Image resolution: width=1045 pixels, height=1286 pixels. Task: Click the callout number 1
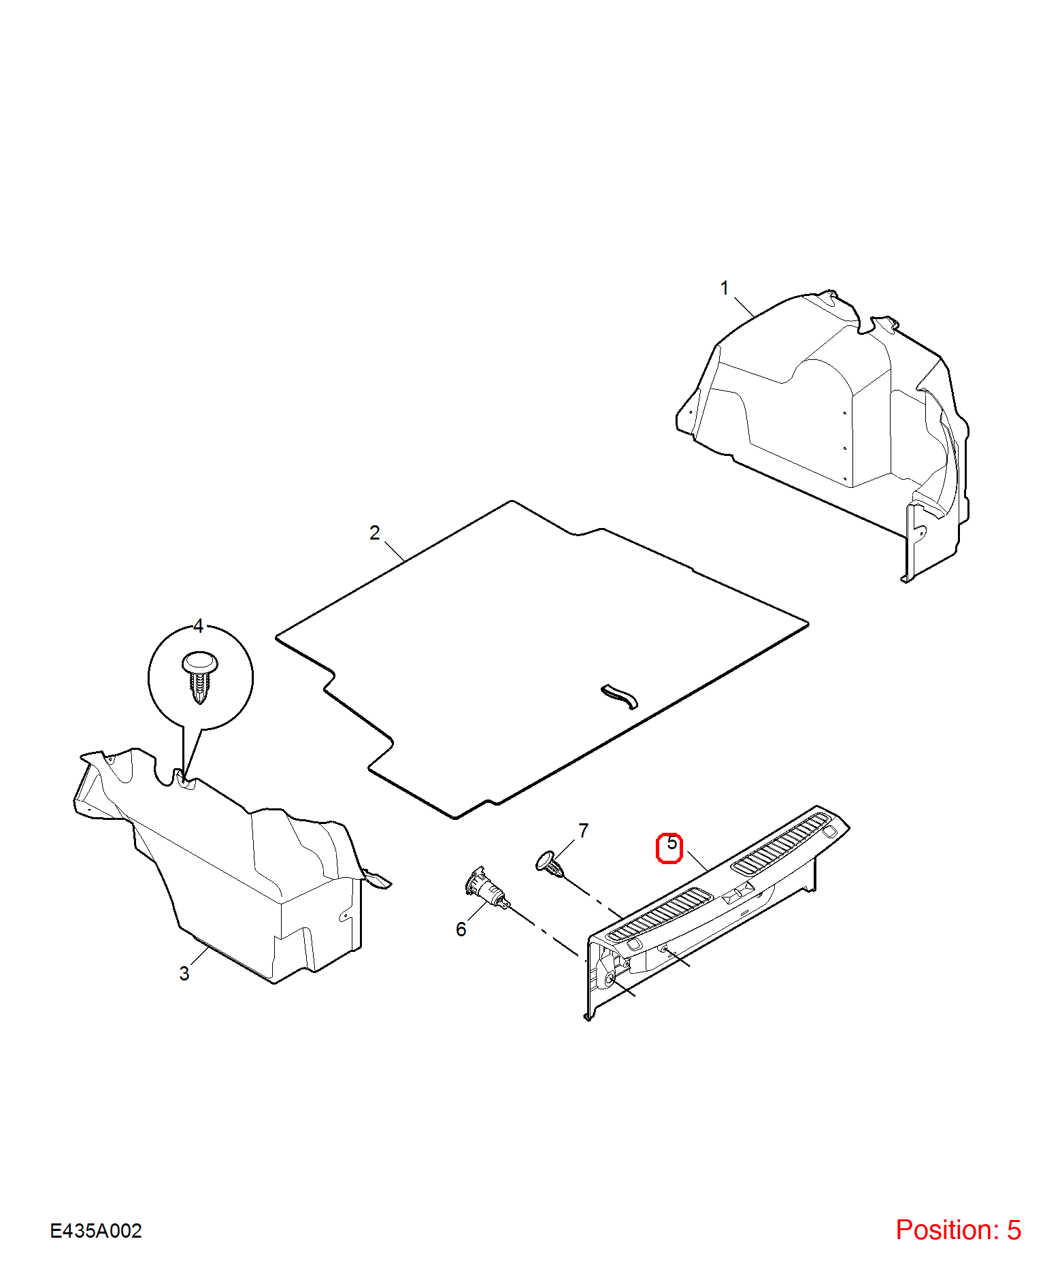(725, 288)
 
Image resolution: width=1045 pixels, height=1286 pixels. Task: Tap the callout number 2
(374, 533)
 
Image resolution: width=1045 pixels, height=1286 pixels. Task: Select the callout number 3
(184, 974)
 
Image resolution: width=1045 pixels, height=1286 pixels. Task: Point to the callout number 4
(199, 626)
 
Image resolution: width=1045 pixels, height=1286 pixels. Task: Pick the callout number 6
(461, 929)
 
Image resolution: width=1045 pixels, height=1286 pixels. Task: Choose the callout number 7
(583, 831)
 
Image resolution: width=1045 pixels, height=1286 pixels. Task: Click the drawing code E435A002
(96, 1230)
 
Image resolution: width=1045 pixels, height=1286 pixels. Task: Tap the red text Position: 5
(958, 1230)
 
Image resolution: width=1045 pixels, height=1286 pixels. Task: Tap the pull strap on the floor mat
(619, 696)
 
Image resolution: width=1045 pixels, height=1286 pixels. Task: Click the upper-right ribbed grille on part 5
(780, 844)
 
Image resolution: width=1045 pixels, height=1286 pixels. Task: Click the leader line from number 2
(395, 552)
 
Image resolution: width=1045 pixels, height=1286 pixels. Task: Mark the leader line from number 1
(745, 308)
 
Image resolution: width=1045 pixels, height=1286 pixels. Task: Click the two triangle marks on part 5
(737, 893)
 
